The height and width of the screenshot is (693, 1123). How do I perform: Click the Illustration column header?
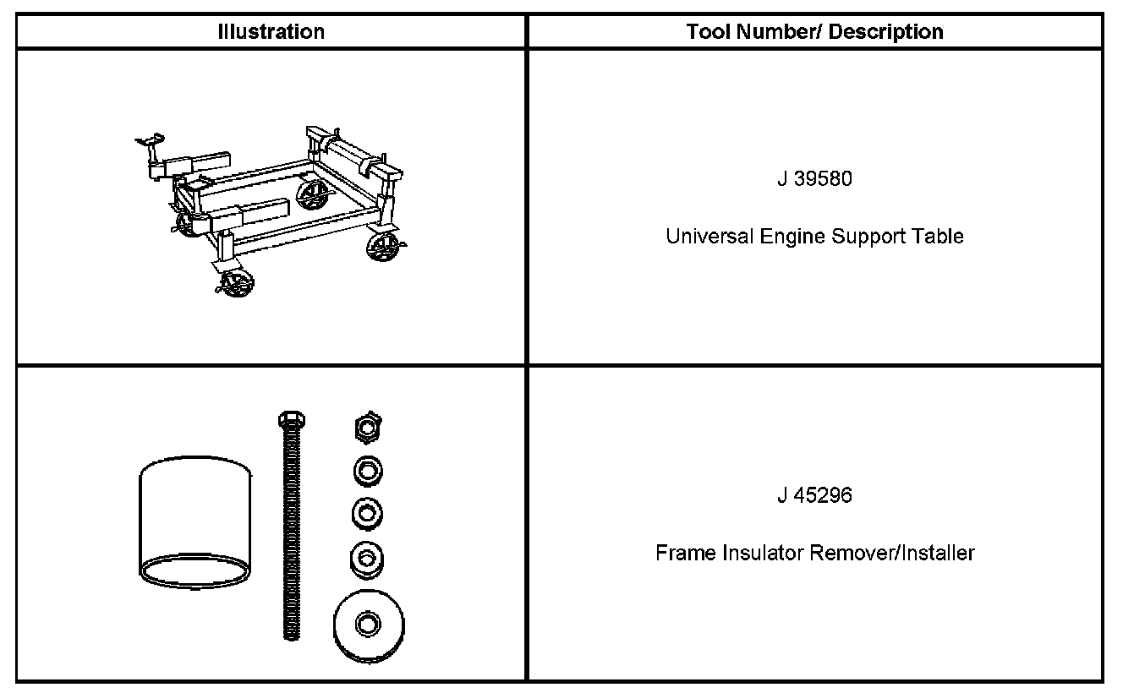point(271,32)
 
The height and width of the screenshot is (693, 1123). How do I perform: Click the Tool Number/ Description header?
point(814,32)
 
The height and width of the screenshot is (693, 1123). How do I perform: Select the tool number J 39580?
point(814,180)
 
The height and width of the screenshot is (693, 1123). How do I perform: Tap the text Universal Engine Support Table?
point(814,236)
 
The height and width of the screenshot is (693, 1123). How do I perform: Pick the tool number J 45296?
point(814,496)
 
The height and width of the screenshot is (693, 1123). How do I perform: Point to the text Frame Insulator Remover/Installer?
point(814,554)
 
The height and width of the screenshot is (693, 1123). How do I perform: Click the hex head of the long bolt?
point(292,419)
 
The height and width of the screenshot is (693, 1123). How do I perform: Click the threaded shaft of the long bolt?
point(292,541)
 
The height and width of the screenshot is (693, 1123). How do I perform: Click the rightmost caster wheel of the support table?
point(385,248)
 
